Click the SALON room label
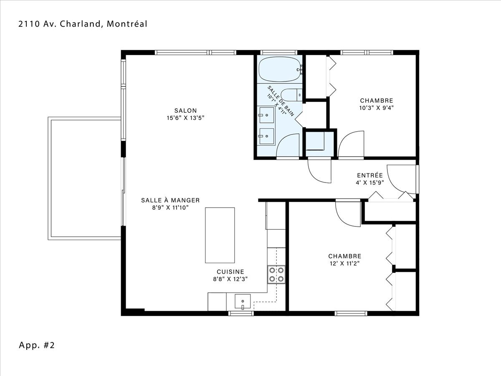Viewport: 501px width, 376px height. (x=185, y=110)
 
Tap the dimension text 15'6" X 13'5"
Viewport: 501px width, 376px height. (x=185, y=118)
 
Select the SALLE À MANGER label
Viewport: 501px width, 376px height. (x=170, y=200)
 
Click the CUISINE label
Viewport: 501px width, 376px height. (x=230, y=272)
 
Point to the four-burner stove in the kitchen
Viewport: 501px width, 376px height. (x=276, y=275)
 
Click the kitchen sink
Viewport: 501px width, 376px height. (x=243, y=302)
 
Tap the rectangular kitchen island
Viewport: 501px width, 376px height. (x=220, y=235)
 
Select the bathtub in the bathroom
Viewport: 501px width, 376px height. (x=280, y=69)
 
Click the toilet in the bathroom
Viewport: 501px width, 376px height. (x=291, y=95)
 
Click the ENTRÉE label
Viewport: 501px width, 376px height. (x=370, y=175)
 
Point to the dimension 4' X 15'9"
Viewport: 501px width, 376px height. (x=370, y=183)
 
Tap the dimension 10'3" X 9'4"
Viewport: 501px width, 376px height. (x=377, y=108)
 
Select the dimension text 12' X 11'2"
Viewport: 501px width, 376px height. (x=345, y=264)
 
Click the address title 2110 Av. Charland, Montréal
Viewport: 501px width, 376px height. (x=83, y=24)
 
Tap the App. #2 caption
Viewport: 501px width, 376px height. (x=37, y=345)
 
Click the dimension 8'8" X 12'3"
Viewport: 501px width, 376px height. (x=230, y=279)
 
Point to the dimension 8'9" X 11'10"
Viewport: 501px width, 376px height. (x=170, y=208)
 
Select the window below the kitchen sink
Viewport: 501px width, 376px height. (x=241, y=313)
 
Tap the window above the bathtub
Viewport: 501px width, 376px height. (x=279, y=53)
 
